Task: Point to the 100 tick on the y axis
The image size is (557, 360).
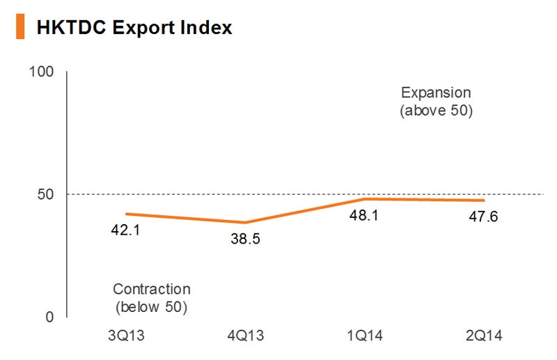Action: point(41,72)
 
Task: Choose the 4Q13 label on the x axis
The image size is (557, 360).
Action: point(245,336)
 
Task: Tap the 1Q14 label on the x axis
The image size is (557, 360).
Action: point(363,336)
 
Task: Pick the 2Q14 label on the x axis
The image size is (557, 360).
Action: point(483,336)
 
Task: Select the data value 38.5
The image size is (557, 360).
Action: point(245,240)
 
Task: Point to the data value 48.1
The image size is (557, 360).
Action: point(363,217)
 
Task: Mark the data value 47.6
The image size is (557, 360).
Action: point(483,217)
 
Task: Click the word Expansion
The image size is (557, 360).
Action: point(436,93)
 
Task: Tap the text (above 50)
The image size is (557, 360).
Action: point(436,110)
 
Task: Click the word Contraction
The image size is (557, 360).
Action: point(151,289)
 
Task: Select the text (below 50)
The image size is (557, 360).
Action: point(151,306)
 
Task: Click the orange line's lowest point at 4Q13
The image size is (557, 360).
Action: point(245,223)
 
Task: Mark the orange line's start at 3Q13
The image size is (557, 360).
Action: point(126,214)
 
